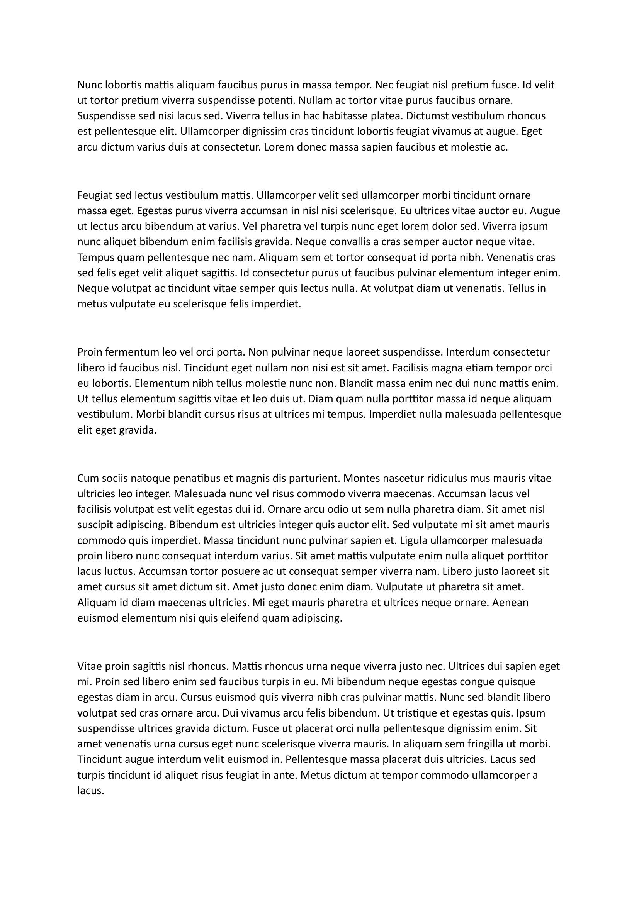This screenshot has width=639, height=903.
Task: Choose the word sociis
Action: pos(113,478)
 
